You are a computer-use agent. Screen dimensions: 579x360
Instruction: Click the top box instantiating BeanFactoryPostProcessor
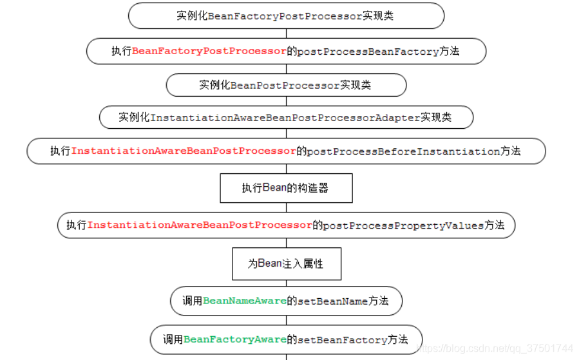click(286, 16)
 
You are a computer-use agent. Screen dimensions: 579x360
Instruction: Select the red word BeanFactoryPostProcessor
click(209, 52)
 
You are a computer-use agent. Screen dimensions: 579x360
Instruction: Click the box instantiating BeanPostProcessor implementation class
click(286, 85)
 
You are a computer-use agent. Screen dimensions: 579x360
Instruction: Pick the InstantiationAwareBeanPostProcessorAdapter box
click(286, 118)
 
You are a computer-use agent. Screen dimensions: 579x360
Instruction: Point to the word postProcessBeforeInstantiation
click(403, 151)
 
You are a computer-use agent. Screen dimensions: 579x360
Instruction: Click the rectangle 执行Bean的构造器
click(286, 188)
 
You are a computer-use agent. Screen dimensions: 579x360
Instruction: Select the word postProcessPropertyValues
click(403, 225)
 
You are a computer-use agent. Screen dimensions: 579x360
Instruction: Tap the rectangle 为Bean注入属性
click(286, 264)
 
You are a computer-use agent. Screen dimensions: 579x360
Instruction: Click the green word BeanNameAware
click(245, 301)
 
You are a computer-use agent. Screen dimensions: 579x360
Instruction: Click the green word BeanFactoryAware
click(235, 339)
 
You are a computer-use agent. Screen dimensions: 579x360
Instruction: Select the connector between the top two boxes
click(286, 33)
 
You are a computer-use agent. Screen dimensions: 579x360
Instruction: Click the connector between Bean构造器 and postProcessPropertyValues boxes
click(286, 207)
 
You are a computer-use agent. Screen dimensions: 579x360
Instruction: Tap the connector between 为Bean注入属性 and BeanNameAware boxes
click(286, 284)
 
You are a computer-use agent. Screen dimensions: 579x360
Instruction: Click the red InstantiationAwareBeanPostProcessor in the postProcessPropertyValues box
click(200, 225)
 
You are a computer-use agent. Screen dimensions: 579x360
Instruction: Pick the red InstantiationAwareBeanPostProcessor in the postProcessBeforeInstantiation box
click(184, 151)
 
